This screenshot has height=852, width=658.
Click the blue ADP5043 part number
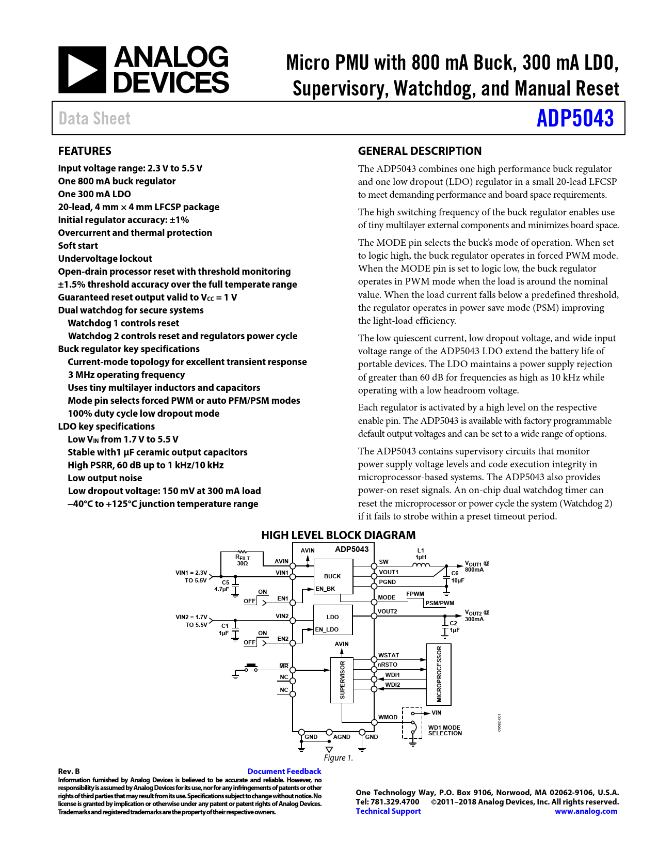(x=575, y=118)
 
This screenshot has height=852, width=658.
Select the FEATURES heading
(x=85, y=151)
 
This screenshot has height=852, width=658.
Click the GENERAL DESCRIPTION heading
(x=420, y=151)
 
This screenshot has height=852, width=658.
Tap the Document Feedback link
(x=284, y=771)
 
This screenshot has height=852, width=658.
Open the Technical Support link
(x=388, y=811)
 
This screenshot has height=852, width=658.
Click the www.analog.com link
(x=586, y=811)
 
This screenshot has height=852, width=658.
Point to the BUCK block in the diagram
(x=332, y=576)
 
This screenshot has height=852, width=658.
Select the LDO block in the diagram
(x=332, y=617)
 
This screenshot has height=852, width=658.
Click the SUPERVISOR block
(x=342, y=680)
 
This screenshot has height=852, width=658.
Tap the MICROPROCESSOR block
(x=439, y=674)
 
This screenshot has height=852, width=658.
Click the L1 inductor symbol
(x=421, y=565)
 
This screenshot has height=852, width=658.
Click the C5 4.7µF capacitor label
(x=223, y=586)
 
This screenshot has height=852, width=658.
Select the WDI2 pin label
(x=392, y=685)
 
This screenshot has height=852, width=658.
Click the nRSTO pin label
(x=388, y=665)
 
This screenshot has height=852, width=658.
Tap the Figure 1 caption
(x=338, y=758)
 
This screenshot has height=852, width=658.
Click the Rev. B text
(x=69, y=771)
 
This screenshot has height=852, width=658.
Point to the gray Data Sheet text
(x=94, y=118)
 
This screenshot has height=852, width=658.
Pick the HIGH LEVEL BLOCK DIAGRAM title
(x=338, y=535)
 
